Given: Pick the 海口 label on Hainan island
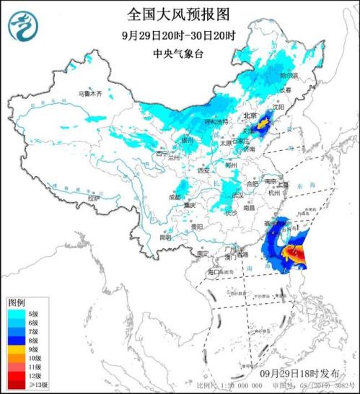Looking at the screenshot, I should (214, 272).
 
